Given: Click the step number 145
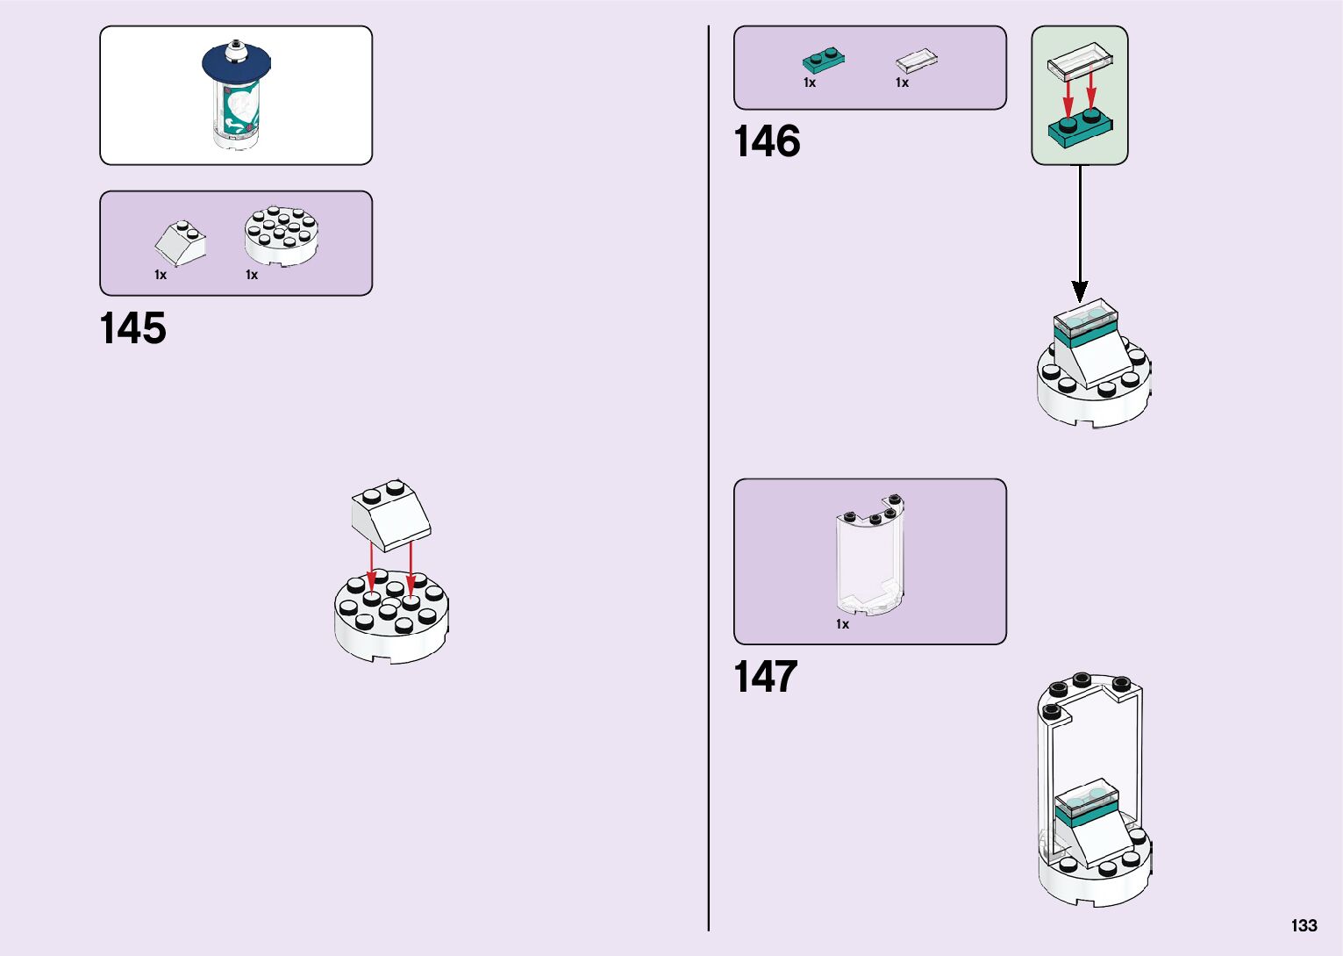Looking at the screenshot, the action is (x=133, y=328).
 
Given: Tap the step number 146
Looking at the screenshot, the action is (x=767, y=141).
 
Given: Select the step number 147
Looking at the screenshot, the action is (x=766, y=676).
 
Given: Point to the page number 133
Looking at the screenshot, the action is (x=1304, y=925).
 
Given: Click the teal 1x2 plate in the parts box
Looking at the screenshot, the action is (x=823, y=60).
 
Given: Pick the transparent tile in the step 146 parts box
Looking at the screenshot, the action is (x=917, y=60).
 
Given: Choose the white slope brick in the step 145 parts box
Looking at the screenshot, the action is (x=180, y=242).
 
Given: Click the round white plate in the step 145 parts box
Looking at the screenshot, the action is (x=282, y=236).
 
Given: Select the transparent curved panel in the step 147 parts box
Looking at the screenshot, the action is (x=870, y=555).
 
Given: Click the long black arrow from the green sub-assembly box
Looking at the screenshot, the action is (x=1080, y=234).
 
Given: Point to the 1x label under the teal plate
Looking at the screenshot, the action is (x=810, y=83).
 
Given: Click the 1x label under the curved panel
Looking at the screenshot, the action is (x=842, y=624).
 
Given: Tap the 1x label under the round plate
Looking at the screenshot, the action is (x=252, y=275).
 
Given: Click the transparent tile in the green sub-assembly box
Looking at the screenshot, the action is (x=1080, y=61).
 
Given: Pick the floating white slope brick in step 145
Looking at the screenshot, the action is (x=391, y=515).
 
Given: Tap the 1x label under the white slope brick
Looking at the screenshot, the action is (x=160, y=275).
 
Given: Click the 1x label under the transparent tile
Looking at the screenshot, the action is (x=902, y=83).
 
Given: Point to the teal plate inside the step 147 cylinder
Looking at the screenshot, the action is (x=1086, y=813).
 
